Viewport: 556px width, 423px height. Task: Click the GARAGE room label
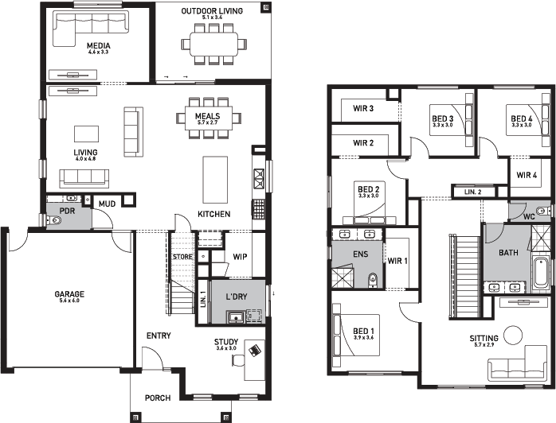70,294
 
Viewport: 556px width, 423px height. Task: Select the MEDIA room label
99,46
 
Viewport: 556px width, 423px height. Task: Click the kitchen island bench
214,180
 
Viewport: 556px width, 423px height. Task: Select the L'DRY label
235,297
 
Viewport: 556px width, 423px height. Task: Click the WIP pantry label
241,257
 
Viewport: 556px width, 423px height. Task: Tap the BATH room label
508,254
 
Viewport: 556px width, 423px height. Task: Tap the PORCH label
158,398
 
